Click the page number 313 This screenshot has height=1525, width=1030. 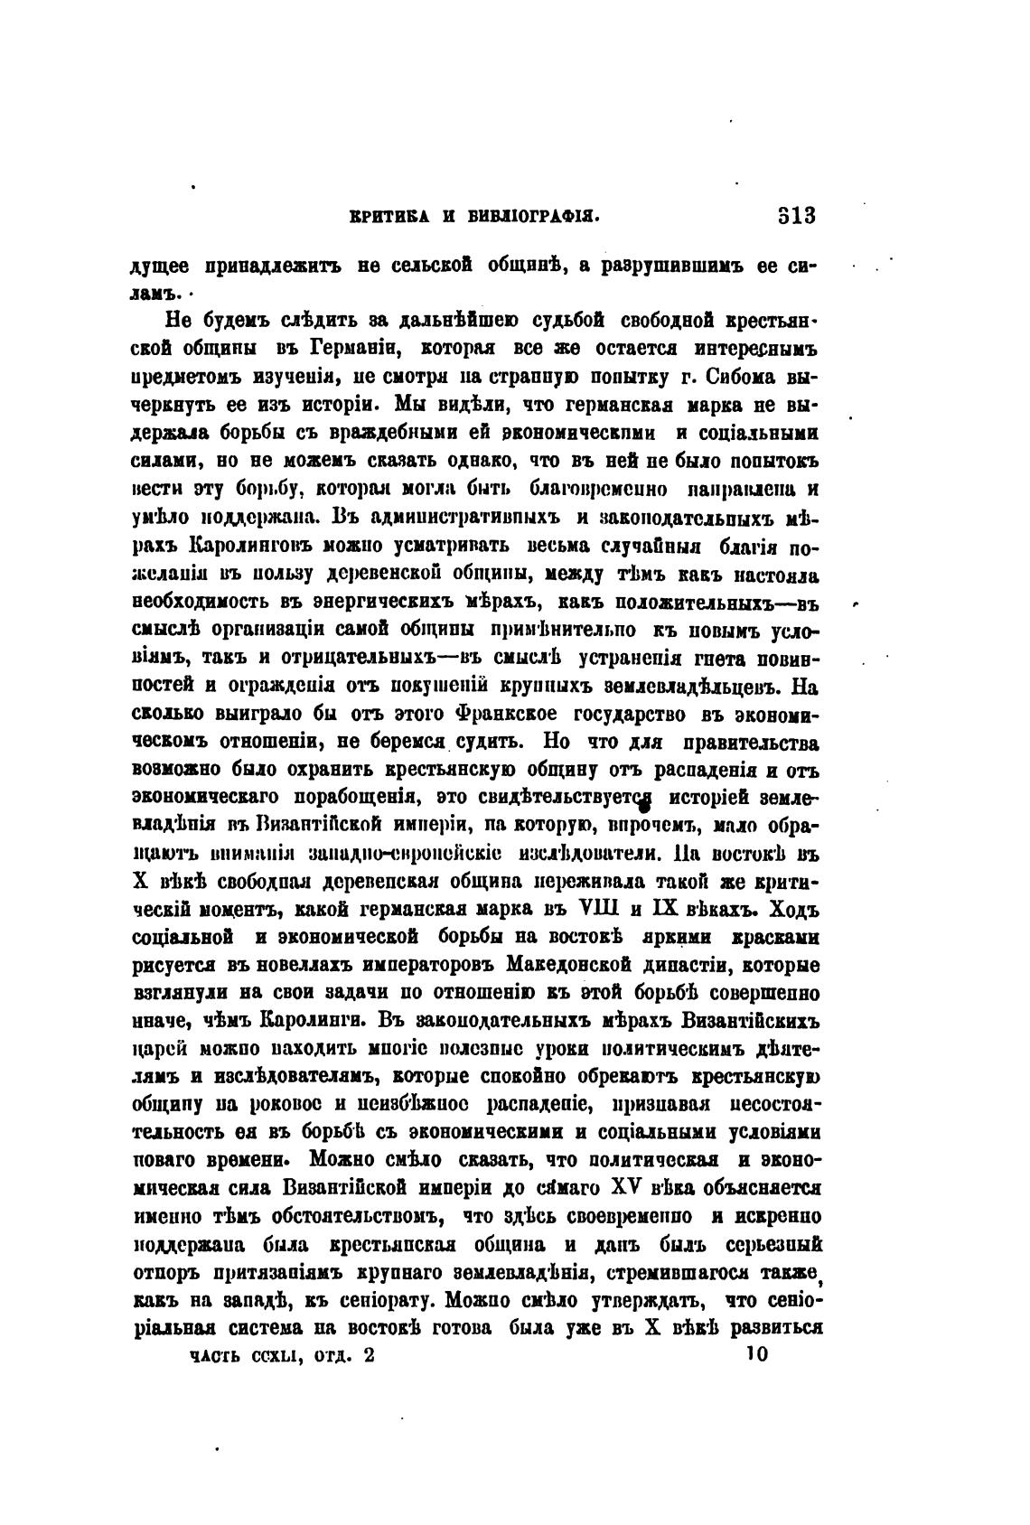(796, 217)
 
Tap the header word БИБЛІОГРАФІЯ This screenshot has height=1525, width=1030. (533, 218)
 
